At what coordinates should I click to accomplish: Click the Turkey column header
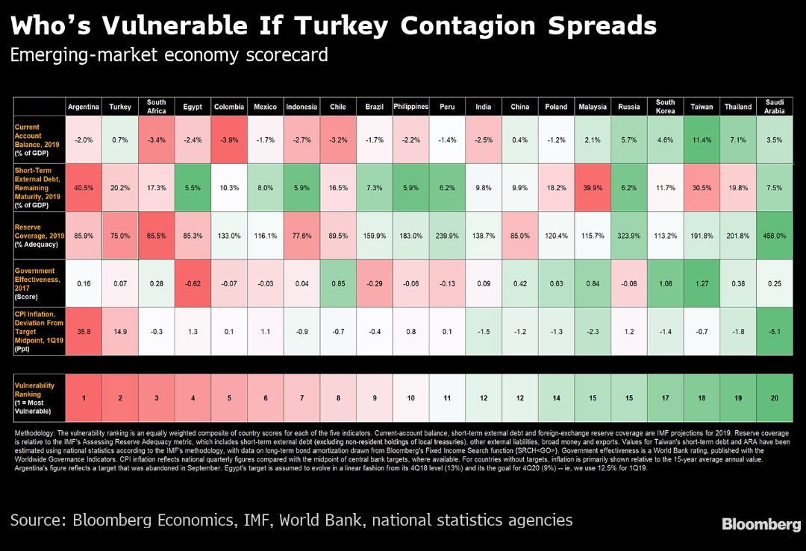[119, 107]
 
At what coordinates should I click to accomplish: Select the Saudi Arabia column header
[775, 107]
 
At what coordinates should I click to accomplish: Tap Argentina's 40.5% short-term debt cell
[84, 188]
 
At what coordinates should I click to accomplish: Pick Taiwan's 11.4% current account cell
[702, 139]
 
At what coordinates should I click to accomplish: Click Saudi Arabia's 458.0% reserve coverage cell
[775, 236]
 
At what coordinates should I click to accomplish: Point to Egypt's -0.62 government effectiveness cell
[193, 283]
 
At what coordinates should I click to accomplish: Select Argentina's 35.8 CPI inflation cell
[84, 332]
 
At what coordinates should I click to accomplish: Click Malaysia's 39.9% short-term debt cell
[593, 188]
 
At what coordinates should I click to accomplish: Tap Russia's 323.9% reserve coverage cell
[629, 236]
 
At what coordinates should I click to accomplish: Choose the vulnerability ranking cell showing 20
[775, 398]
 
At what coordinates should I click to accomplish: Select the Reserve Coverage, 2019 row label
[38, 236]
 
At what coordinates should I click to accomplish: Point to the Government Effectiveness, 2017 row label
[38, 283]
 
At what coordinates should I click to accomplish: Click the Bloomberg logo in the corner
[760, 525]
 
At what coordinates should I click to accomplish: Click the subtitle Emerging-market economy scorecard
[169, 55]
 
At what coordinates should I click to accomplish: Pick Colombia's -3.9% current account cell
[229, 139]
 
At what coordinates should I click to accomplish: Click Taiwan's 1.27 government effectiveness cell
[702, 283]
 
